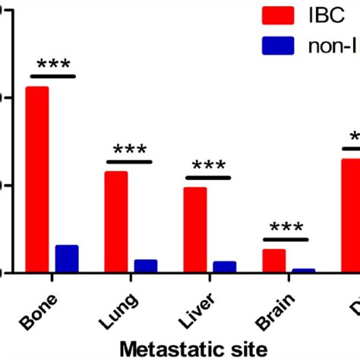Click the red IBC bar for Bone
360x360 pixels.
(37, 179)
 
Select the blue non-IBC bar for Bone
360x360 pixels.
(66, 258)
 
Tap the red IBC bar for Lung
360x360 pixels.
(116, 221)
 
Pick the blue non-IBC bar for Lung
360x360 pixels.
(145, 265)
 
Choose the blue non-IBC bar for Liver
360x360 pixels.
(224, 266)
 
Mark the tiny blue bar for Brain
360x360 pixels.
(303, 270)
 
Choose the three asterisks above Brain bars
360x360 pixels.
(286, 228)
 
